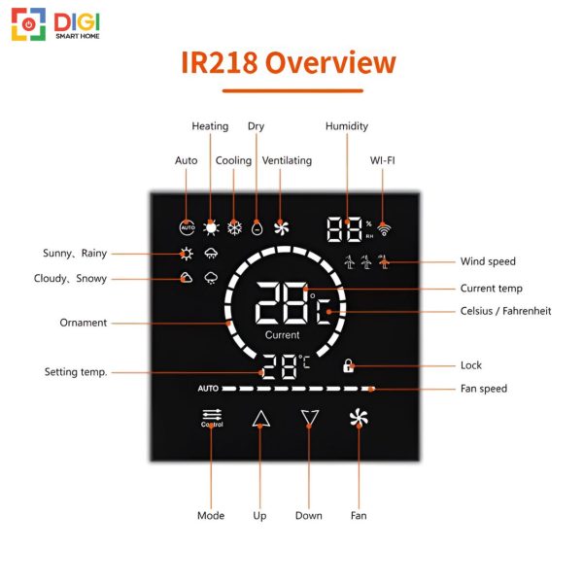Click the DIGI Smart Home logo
click(x=55, y=24)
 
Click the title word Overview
click(x=330, y=62)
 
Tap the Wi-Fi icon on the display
click(x=384, y=229)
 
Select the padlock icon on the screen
click(x=349, y=366)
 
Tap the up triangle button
click(x=261, y=419)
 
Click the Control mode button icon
click(x=212, y=418)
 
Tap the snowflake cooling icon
click(x=234, y=228)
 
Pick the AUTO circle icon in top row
click(x=187, y=227)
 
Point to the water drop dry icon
click(x=257, y=228)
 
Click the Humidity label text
click(x=347, y=126)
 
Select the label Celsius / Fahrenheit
click(x=505, y=311)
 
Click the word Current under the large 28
click(x=282, y=335)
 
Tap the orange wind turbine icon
click(x=384, y=261)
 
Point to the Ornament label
click(x=84, y=323)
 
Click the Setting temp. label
click(x=76, y=372)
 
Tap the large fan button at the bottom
click(x=359, y=418)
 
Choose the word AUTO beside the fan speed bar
click(x=208, y=389)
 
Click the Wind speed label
click(x=488, y=261)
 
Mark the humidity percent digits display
click(x=345, y=229)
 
